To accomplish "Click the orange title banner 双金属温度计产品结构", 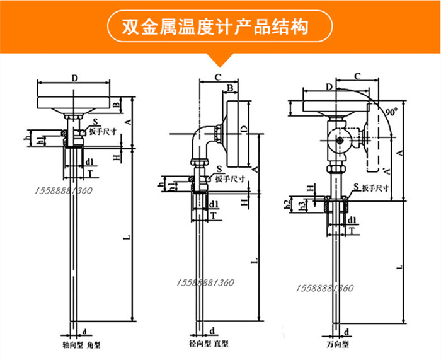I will [x=220, y=27].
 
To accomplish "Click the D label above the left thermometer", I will [x=74, y=78].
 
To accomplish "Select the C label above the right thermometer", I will [x=357, y=76].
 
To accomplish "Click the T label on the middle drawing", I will [x=214, y=215].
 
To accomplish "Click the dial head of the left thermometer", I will [x=74, y=102].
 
